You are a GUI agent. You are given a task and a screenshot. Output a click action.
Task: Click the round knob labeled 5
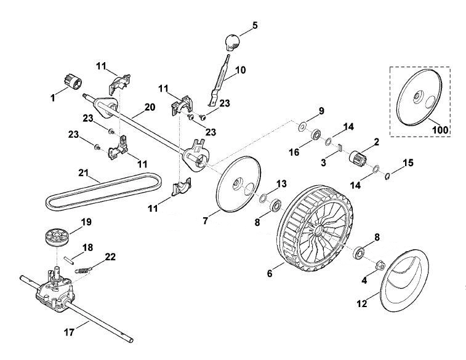(232, 42)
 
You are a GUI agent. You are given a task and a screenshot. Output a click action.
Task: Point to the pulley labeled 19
(56, 237)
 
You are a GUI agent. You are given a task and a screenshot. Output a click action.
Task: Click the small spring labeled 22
(83, 270)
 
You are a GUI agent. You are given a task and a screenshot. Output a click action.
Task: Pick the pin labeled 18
(69, 258)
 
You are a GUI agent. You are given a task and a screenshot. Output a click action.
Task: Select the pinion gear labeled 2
(357, 156)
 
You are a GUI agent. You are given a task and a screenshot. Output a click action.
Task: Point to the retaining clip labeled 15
(387, 176)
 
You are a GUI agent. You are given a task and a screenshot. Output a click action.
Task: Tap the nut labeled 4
(380, 265)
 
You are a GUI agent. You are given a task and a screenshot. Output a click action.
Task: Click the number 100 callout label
(440, 129)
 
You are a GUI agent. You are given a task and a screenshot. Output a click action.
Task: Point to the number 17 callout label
(69, 332)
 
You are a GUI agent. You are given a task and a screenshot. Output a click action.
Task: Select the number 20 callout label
(150, 107)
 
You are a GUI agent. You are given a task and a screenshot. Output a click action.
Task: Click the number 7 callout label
(206, 221)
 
